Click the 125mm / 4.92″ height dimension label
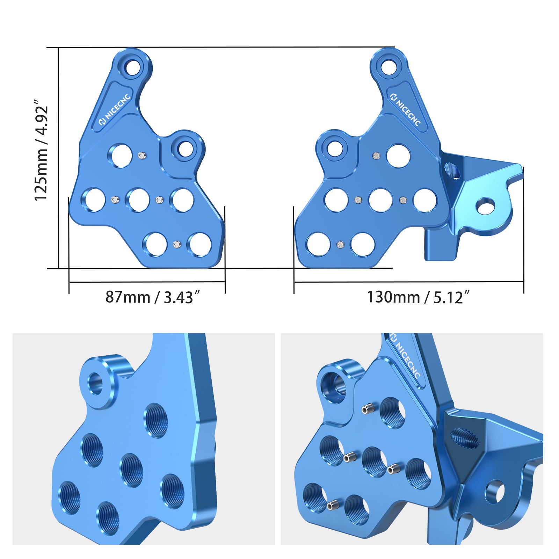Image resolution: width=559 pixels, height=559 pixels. [x=41, y=150]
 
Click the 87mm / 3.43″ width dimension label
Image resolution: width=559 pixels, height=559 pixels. [x=154, y=297]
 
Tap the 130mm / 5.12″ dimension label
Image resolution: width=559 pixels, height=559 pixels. [x=418, y=297]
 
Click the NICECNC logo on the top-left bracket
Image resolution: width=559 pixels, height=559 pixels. [x=115, y=109]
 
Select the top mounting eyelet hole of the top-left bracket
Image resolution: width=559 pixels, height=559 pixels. [x=132, y=67]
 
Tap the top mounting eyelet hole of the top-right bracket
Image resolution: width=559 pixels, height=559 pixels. [x=389, y=67]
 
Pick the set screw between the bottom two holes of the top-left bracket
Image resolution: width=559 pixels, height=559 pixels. [x=177, y=245]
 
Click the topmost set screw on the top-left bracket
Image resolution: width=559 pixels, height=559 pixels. [x=141, y=155]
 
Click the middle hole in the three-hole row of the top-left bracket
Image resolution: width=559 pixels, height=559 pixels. [x=138, y=200]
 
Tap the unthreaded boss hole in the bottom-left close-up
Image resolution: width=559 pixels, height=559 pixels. [x=96, y=383]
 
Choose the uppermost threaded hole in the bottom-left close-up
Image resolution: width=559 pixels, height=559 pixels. [x=156, y=420]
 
